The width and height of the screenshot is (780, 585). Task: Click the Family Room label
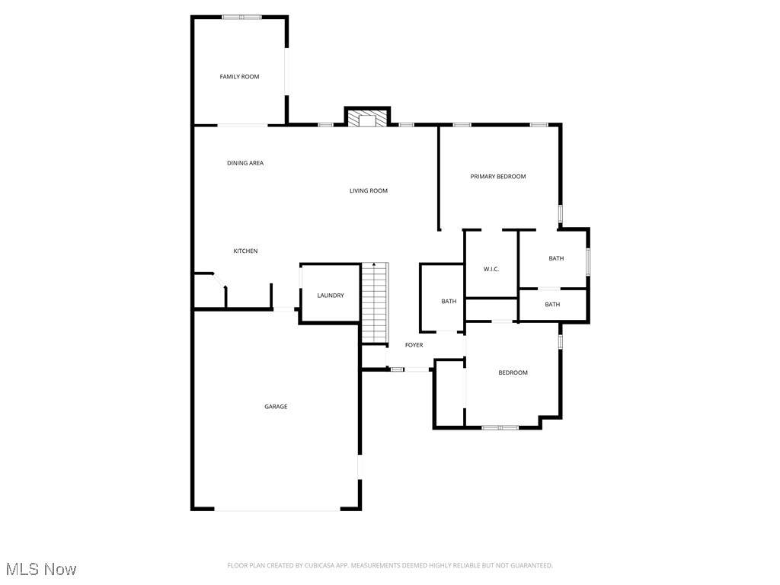tap(239, 77)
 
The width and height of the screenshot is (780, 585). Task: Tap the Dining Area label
tap(245, 163)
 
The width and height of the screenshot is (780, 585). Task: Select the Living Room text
tap(369, 190)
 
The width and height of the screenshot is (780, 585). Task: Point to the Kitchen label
tap(246, 251)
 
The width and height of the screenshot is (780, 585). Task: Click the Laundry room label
tap(331, 296)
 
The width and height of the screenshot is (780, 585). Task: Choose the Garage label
tap(276, 407)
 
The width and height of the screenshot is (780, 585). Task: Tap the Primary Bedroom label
tap(498, 177)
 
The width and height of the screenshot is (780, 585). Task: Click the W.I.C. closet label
tap(491, 269)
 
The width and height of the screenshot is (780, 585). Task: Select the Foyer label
tap(414, 345)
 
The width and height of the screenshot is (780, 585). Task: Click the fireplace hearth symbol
tap(368, 118)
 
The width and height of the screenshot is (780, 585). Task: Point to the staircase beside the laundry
tap(375, 303)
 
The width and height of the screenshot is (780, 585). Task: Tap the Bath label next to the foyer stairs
tap(449, 302)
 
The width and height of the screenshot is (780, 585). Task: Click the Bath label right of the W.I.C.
tap(556, 259)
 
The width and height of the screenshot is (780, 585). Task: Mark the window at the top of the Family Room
tap(241, 18)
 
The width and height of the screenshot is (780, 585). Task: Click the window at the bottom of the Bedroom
tap(500, 427)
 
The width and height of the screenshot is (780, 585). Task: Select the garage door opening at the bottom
tap(277, 509)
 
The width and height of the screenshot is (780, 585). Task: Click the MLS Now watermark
tap(41, 569)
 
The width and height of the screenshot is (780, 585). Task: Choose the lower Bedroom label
tap(513, 372)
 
